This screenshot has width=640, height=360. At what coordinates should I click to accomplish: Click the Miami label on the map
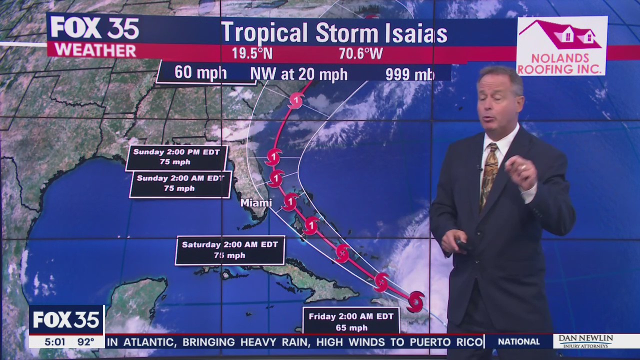click(x=256, y=203)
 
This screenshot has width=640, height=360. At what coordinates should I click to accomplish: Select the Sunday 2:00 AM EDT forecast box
click(x=180, y=183)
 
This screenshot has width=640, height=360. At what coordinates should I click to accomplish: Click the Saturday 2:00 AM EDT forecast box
click(x=230, y=249)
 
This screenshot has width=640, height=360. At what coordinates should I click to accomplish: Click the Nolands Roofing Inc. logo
click(x=561, y=46)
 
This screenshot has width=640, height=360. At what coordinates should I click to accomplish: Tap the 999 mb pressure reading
click(x=409, y=74)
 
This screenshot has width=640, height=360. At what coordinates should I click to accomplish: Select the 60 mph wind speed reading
click(x=200, y=73)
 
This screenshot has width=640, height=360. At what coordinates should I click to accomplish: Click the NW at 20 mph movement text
click(x=298, y=74)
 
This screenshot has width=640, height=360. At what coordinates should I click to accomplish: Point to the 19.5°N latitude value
click(x=252, y=53)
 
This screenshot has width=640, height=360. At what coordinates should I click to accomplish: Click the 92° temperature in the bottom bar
click(x=85, y=342)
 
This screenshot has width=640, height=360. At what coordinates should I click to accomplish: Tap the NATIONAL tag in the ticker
click(x=519, y=342)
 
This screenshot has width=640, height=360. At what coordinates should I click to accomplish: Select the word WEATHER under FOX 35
click(x=95, y=50)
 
